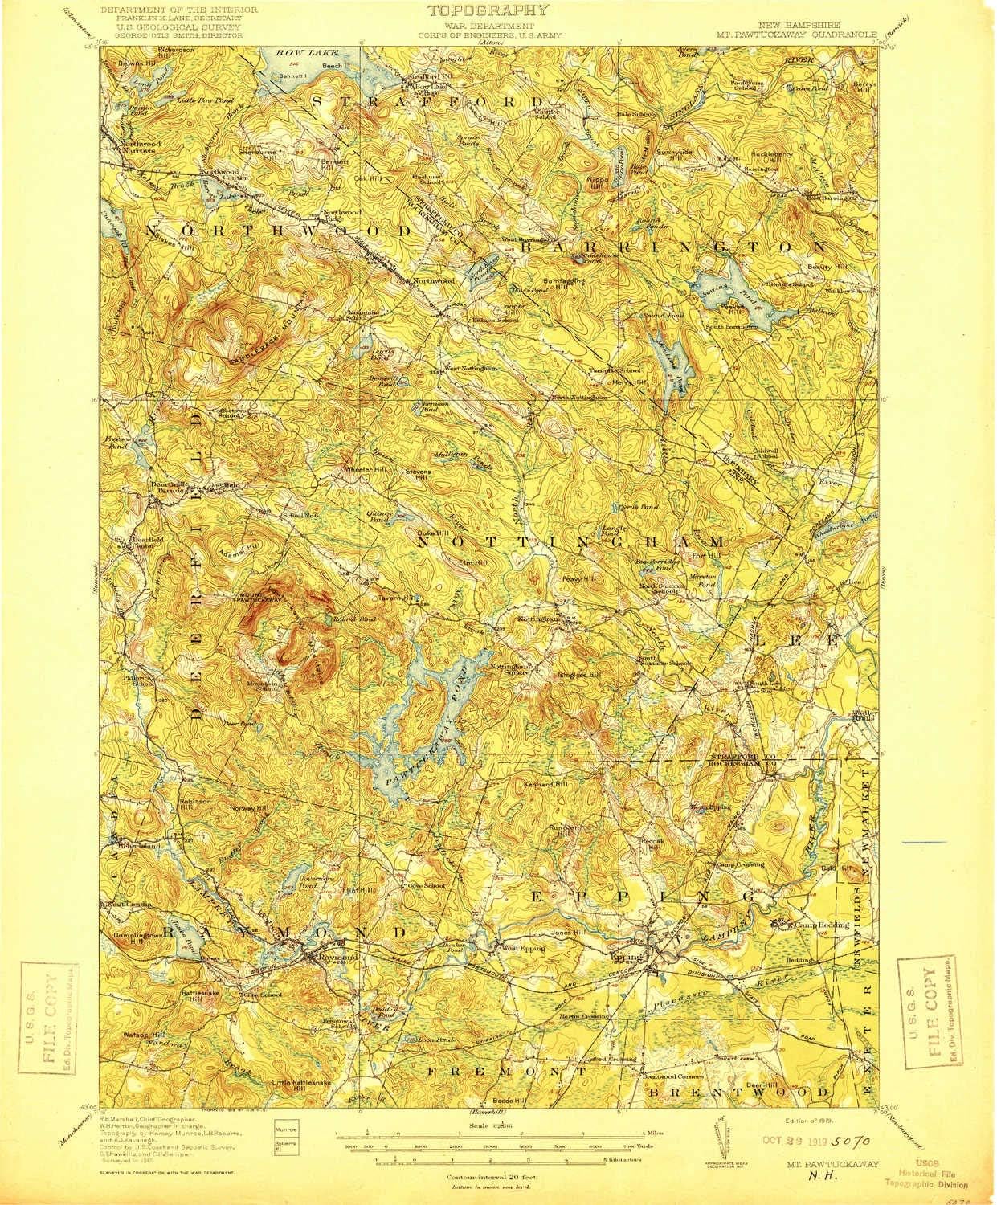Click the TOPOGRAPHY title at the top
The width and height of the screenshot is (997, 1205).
pos(489,10)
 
